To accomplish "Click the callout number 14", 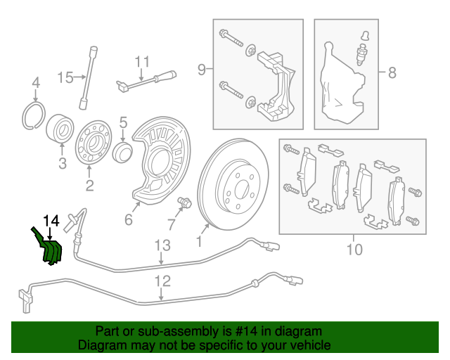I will [51, 220].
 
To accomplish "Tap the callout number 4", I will [36, 86].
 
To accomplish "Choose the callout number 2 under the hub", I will [89, 186].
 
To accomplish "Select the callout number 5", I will [122, 122].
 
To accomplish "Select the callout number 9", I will [202, 69].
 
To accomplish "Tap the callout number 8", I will [392, 72].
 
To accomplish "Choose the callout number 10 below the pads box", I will [354, 249].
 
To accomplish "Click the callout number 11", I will [143, 61].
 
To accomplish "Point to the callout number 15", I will [65, 77].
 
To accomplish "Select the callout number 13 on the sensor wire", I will [162, 245].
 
